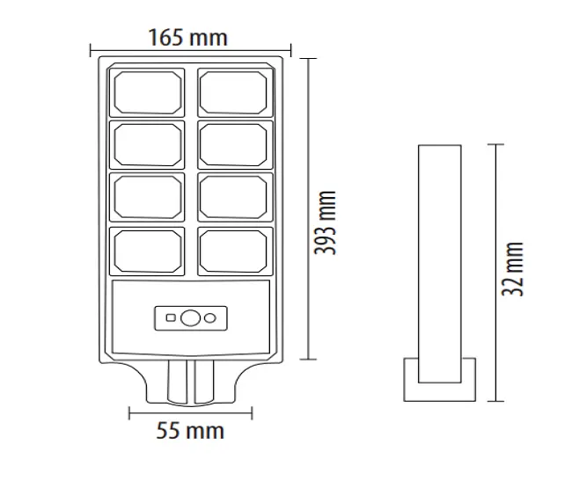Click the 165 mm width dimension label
coord(187,37)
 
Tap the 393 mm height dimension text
coord(326,222)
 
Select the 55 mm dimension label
coord(190,431)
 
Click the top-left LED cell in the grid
coord(148,92)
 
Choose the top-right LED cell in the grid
coord(233,92)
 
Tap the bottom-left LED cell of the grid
coord(148,251)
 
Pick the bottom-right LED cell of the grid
coord(233,251)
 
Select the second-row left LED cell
coord(148,145)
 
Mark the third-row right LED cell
coord(233,198)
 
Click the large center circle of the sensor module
coord(190,317)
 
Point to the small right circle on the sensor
coord(210,317)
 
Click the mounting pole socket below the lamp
coord(190,381)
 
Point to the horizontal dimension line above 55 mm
coord(190,412)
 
